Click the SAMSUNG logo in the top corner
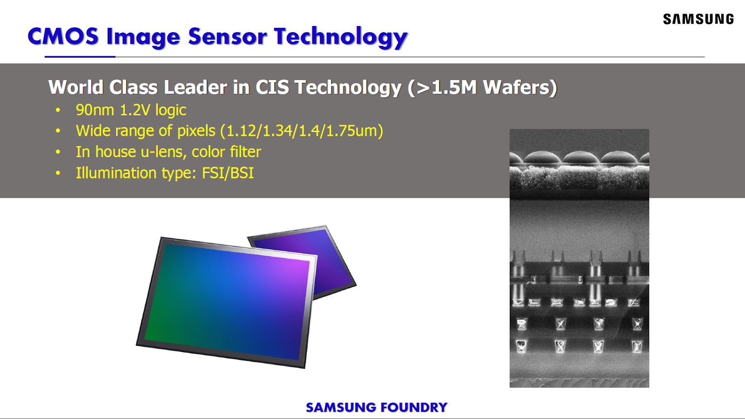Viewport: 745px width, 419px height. pyautogui.click(x=698, y=19)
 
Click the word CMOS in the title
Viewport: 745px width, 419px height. pyautogui.click(x=63, y=36)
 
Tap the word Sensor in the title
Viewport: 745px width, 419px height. pyautogui.click(x=227, y=36)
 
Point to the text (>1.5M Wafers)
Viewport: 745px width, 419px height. pyautogui.click(x=482, y=87)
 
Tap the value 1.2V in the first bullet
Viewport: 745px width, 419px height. pyautogui.click(x=135, y=110)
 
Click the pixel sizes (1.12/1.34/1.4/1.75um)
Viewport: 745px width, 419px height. pyautogui.click(x=302, y=131)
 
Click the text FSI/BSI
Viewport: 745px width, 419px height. pyautogui.click(x=228, y=173)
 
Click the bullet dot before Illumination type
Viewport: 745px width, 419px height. pyautogui.click(x=58, y=173)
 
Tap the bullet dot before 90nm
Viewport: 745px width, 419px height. pyautogui.click(x=58, y=111)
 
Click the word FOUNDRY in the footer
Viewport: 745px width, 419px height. pyautogui.click(x=414, y=407)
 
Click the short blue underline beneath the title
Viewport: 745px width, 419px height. pyautogui.click(x=80, y=57)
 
